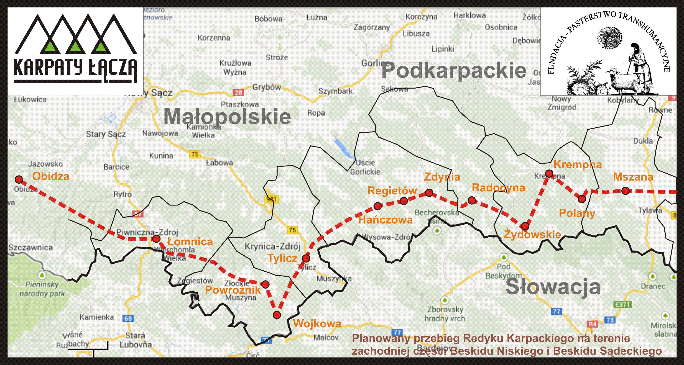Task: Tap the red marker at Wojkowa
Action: click(x=277, y=315)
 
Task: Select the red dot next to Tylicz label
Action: click(x=306, y=258)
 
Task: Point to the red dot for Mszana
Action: click(x=626, y=191)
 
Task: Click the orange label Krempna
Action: click(x=578, y=164)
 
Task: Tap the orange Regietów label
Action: click(x=392, y=191)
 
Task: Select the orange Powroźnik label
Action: click(x=233, y=290)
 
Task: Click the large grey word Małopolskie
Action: click(x=227, y=117)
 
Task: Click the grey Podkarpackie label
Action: click(x=454, y=71)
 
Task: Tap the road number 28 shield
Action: click(x=238, y=92)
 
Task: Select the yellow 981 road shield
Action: click(x=272, y=199)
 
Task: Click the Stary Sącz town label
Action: click(x=106, y=134)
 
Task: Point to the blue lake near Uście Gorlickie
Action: click(x=344, y=149)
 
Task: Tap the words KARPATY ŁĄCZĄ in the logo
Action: click(x=75, y=68)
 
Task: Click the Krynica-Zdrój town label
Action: click(x=272, y=246)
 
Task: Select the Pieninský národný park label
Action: click(x=42, y=289)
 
